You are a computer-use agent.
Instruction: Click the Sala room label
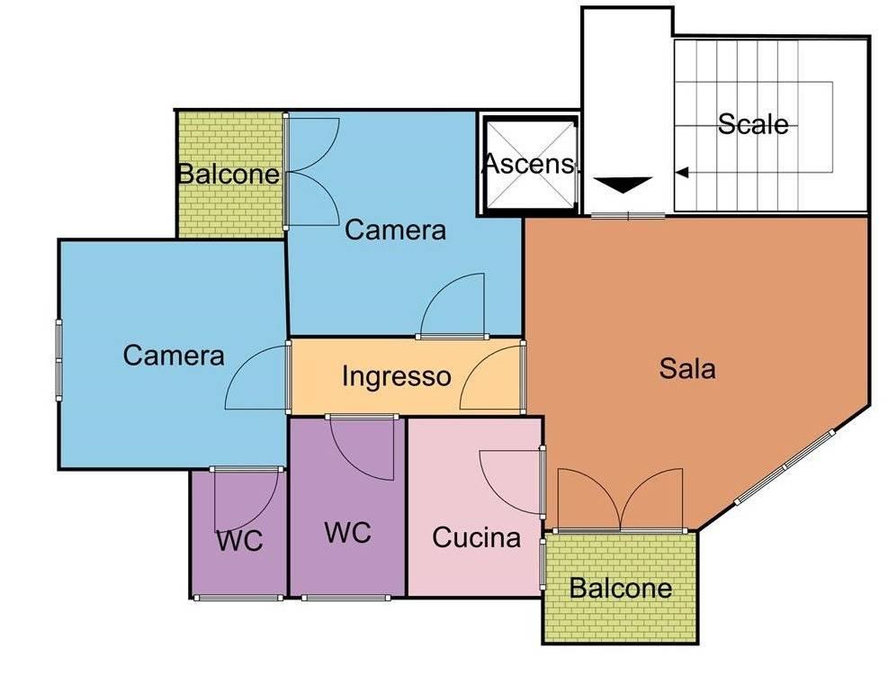pos(687,368)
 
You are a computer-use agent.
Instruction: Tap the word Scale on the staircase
pos(753,124)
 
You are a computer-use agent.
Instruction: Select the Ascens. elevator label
pos(531,164)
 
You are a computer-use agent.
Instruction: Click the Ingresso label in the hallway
pos(397,376)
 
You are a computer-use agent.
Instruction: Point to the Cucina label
pos(476,537)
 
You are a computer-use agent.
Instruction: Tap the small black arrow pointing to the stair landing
pos(683,172)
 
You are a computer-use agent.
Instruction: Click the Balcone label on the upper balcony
pos(229,174)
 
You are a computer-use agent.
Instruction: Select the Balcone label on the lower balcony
pos(621,588)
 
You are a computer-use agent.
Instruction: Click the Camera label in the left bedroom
pos(174,356)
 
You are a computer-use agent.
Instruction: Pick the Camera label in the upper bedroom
pos(395,230)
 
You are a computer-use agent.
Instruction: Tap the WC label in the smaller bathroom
pos(239,540)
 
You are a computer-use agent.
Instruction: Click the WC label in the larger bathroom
pos(347,533)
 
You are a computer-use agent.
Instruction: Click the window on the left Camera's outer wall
pos(58,360)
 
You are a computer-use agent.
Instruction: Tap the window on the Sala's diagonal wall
pos(785,467)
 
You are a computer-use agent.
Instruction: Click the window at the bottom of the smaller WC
pos(238,598)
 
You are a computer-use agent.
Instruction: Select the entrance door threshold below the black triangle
pos(628,215)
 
